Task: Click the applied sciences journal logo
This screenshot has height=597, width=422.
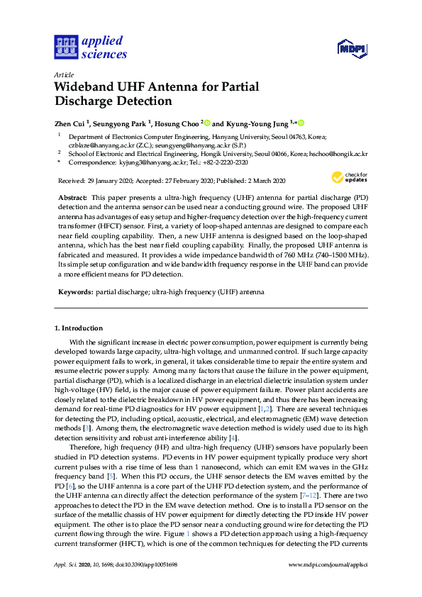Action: pos(90,48)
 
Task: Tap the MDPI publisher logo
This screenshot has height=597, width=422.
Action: pos(351,49)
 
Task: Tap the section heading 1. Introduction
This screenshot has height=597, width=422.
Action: pos(79,328)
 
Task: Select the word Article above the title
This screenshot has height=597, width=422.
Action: pos(63,74)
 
